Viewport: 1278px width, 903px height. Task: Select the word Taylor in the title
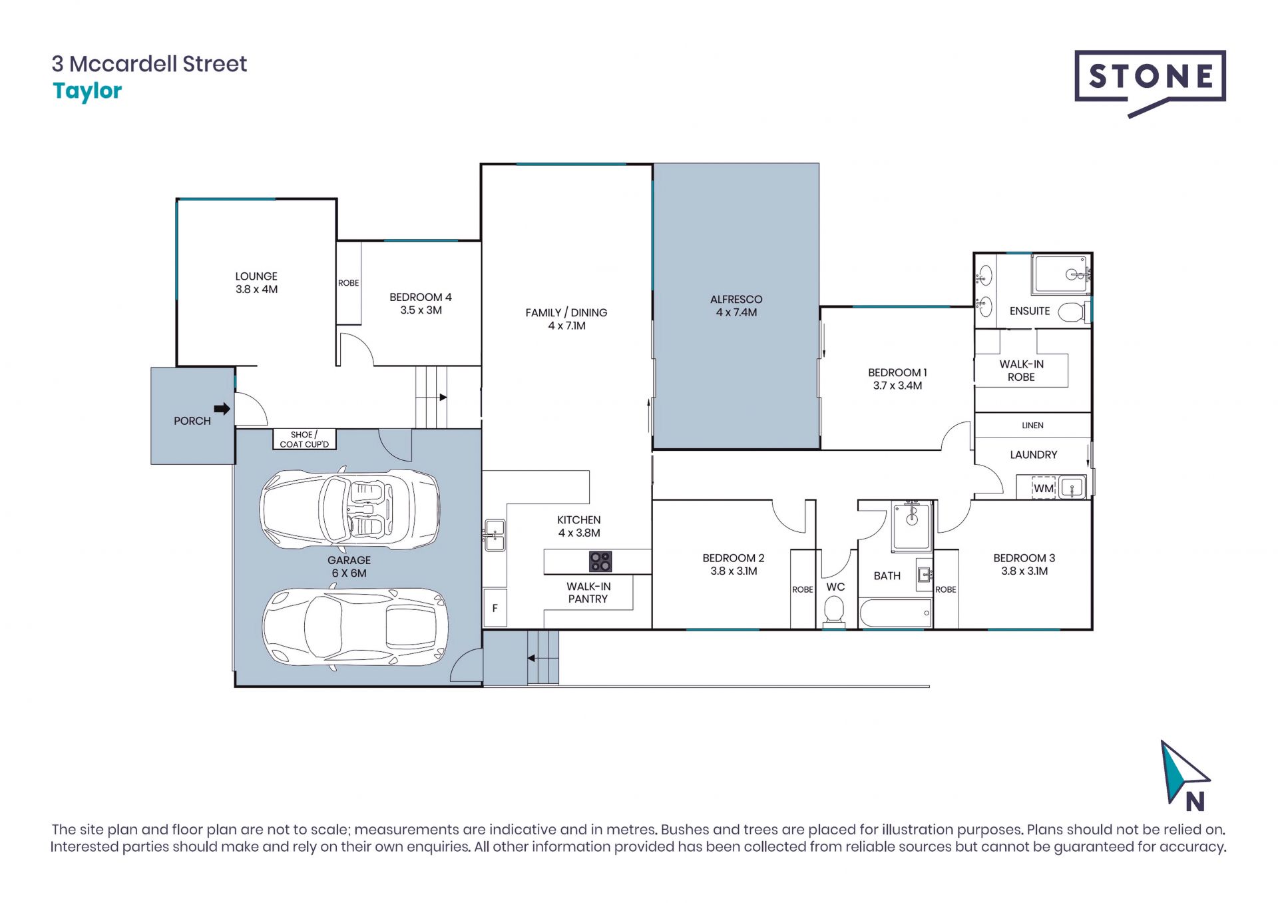click(x=87, y=91)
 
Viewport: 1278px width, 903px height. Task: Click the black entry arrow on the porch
click(x=222, y=409)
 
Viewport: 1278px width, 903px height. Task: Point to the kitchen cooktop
click(x=600, y=561)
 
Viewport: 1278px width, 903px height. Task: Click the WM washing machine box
click(x=1044, y=488)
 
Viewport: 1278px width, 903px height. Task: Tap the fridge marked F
click(x=495, y=607)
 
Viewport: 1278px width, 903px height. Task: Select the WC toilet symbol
click(x=834, y=611)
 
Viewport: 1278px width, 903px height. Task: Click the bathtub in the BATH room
click(x=895, y=613)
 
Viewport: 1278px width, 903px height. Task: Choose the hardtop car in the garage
click(x=354, y=627)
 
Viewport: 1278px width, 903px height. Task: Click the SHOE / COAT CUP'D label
click(x=304, y=440)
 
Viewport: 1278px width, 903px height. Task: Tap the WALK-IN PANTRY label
click(x=588, y=593)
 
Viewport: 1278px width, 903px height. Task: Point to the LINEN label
click(x=1032, y=426)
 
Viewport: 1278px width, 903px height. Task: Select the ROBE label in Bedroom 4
click(x=348, y=283)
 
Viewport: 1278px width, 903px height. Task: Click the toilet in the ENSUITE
click(x=1072, y=312)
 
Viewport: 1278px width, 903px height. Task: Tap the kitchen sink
click(x=494, y=535)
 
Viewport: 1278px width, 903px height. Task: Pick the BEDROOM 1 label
click(x=897, y=373)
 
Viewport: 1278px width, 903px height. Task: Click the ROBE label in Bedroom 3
click(x=945, y=589)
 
